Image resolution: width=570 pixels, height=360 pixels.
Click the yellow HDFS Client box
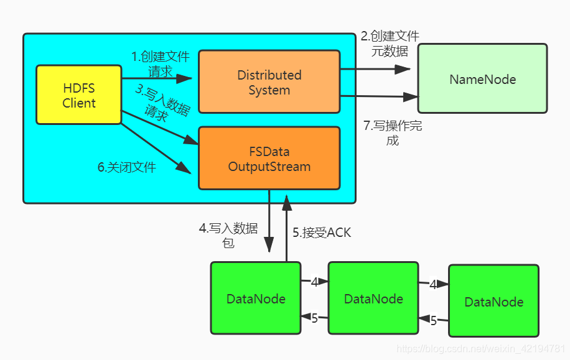pyautogui.click(x=78, y=95)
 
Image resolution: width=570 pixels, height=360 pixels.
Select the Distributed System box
pyautogui.click(x=269, y=82)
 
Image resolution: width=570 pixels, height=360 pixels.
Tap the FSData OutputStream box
pyautogui.click(x=269, y=159)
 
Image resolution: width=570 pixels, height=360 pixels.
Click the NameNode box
pyautogui.click(x=482, y=79)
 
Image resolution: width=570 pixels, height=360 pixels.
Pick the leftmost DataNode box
pyautogui.click(x=255, y=298)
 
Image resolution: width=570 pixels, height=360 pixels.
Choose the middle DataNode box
pyautogui.click(x=373, y=298)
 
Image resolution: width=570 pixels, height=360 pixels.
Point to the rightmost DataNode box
pyautogui.click(x=493, y=302)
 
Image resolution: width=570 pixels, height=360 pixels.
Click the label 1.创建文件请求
pyautogui.click(x=160, y=63)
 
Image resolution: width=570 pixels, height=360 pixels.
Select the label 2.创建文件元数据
pyautogui.click(x=390, y=44)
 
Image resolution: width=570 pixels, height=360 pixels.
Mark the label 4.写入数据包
pyautogui.click(x=228, y=235)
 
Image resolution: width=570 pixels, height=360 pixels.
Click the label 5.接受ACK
pyautogui.click(x=322, y=233)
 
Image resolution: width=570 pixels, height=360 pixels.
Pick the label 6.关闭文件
pyautogui.click(x=127, y=167)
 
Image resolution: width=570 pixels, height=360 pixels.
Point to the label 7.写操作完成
pyautogui.click(x=393, y=132)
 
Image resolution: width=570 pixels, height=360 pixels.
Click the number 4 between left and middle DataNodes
pyautogui.click(x=314, y=282)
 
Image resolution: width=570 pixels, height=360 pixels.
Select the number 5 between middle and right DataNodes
pyautogui.click(x=434, y=321)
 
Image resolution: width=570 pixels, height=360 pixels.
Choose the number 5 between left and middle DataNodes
pyautogui.click(x=314, y=318)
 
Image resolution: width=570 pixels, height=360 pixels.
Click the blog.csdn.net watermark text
pyautogui.click(x=480, y=349)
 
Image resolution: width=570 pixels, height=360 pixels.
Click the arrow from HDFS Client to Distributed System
pyautogui.click(x=159, y=78)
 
